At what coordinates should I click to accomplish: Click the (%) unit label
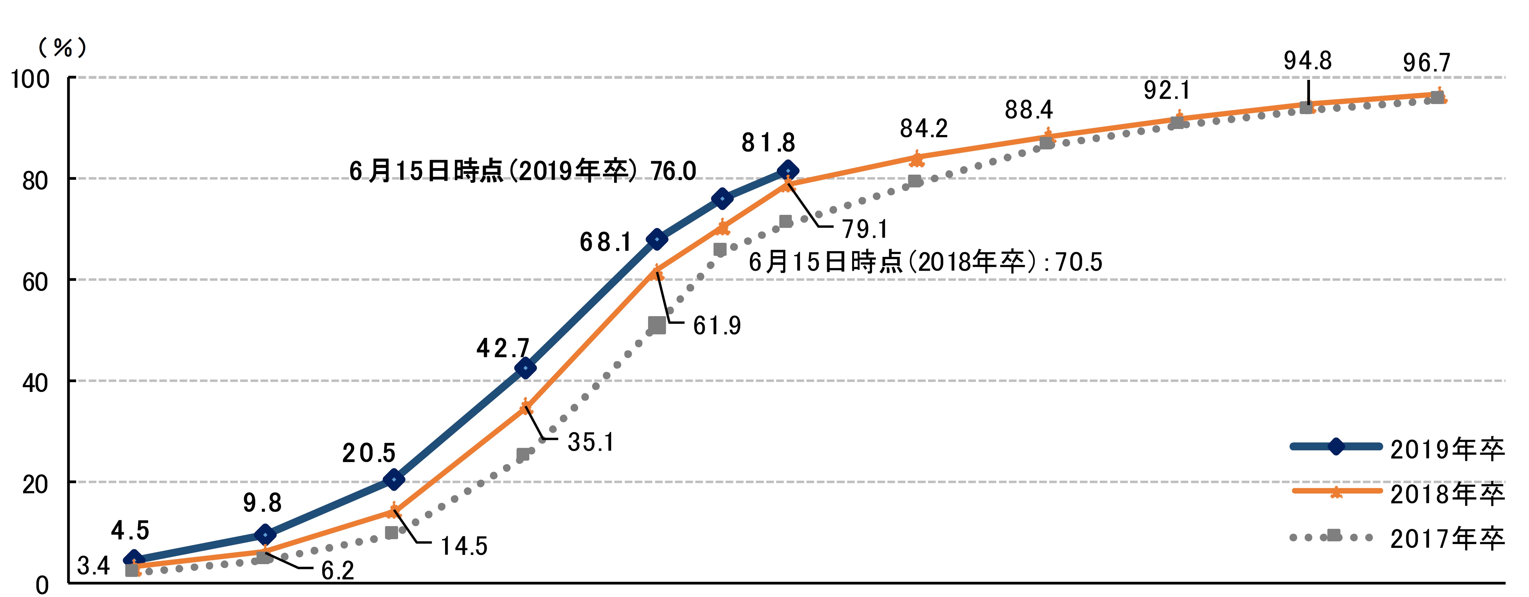point(62,48)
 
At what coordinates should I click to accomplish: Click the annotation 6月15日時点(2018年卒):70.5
point(925,262)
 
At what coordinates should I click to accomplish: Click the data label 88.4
point(1029,110)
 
